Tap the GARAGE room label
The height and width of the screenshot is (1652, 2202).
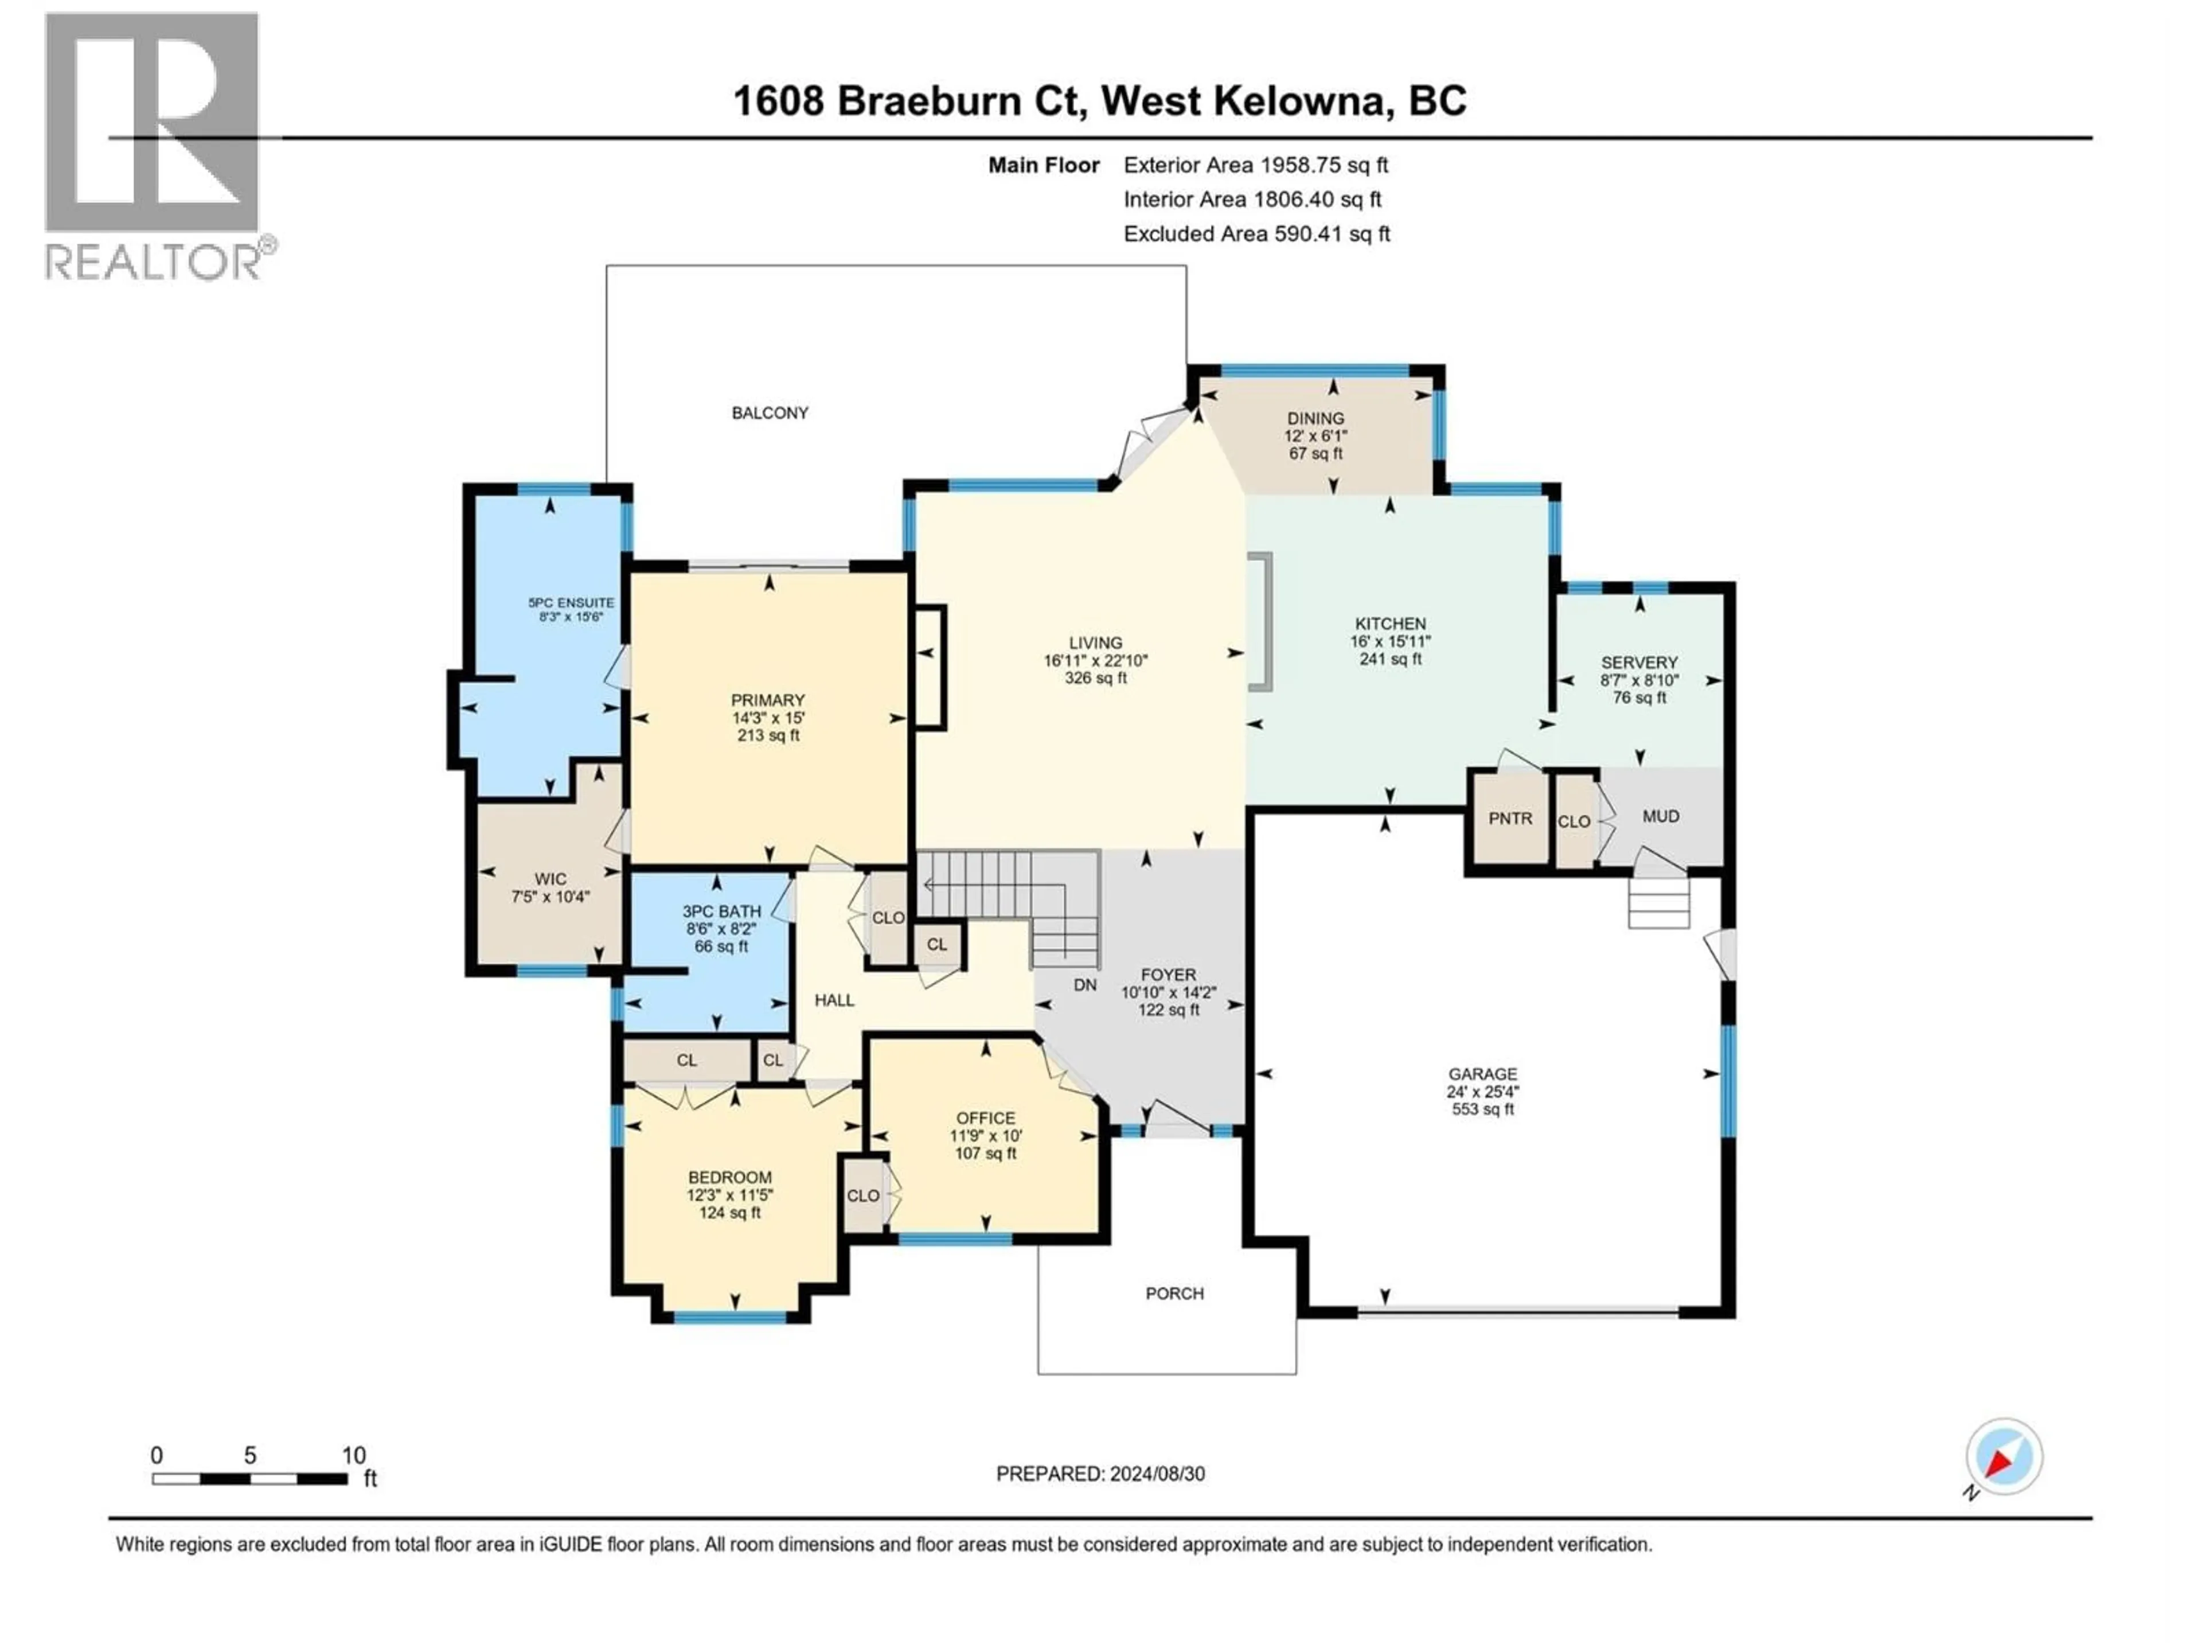pyautogui.click(x=1482, y=1073)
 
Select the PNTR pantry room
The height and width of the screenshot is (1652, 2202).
pyautogui.click(x=1510, y=819)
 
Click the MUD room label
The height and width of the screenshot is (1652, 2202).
pyautogui.click(x=1661, y=817)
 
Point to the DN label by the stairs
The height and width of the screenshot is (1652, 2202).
pyautogui.click(x=1085, y=985)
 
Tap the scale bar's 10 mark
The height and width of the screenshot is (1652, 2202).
pyautogui.click(x=353, y=1456)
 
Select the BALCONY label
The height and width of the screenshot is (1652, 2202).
pyautogui.click(x=770, y=413)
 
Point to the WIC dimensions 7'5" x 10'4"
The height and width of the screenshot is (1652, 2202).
pyautogui.click(x=550, y=896)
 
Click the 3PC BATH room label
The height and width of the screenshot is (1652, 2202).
pyautogui.click(x=722, y=911)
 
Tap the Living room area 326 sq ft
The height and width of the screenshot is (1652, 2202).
pyautogui.click(x=1095, y=678)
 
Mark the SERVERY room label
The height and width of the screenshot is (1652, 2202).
pyautogui.click(x=1638, y=662)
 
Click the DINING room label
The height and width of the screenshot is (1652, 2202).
pyautogui.click(x=1315, y=418)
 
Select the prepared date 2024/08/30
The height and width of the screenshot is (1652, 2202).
pyautogui.click(x=1155, y=1474)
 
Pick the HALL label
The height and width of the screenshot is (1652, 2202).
pyautogui.click(x=834, y=1000)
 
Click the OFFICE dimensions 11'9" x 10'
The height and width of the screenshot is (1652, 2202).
pyautogui.click(x=986, y=1135)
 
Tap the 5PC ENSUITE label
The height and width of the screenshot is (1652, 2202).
pyautogui.click(x=571, y=602)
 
